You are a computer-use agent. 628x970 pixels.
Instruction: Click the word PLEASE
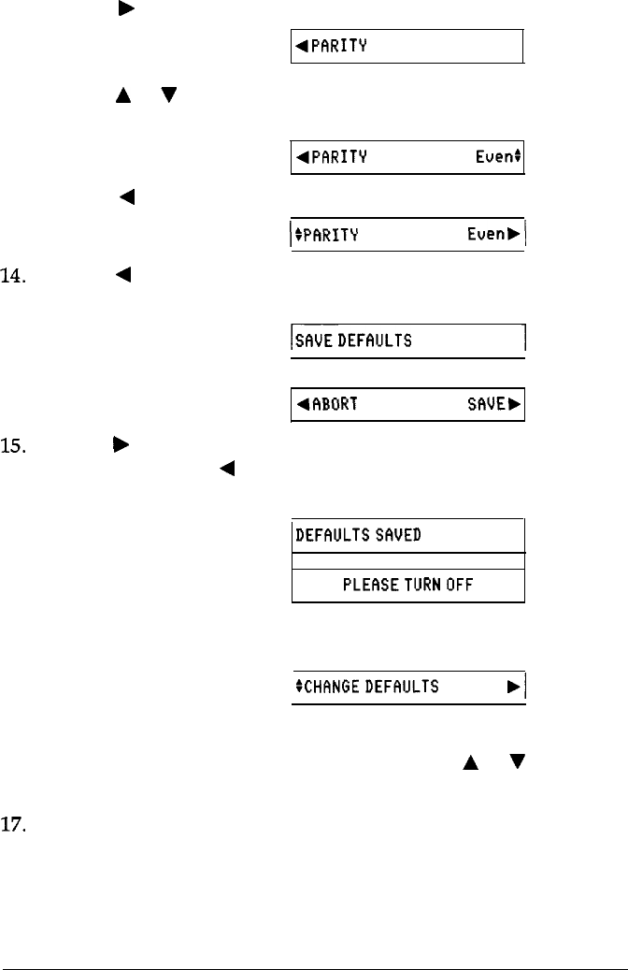(x=371, y=586)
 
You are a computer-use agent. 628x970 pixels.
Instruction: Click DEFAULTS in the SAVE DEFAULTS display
(x=377, y=340)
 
